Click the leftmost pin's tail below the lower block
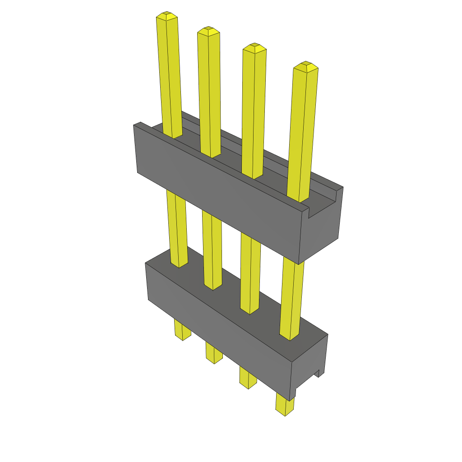coord(182,331)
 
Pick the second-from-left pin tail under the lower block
coord(214,353)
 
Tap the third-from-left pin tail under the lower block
coord(247,378)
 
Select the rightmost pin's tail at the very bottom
coord(284,405)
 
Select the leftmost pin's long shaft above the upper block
coord(169,77)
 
